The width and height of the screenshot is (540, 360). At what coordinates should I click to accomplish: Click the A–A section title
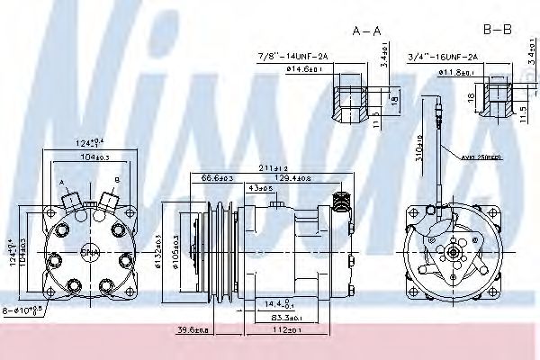366,30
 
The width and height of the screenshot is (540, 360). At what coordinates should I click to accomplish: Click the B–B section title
497,30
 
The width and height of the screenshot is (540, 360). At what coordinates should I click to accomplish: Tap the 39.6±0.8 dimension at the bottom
192,329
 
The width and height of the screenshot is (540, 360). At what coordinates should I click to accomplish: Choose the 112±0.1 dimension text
286,329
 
